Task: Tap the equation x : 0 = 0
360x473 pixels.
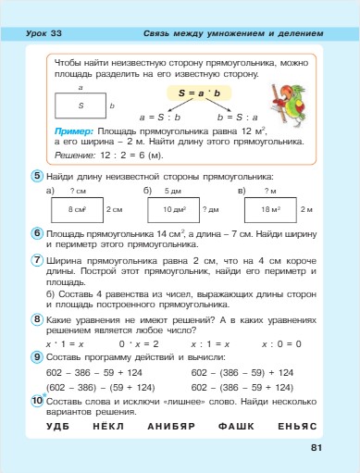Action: pyautogui.click(x=281, y=342)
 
